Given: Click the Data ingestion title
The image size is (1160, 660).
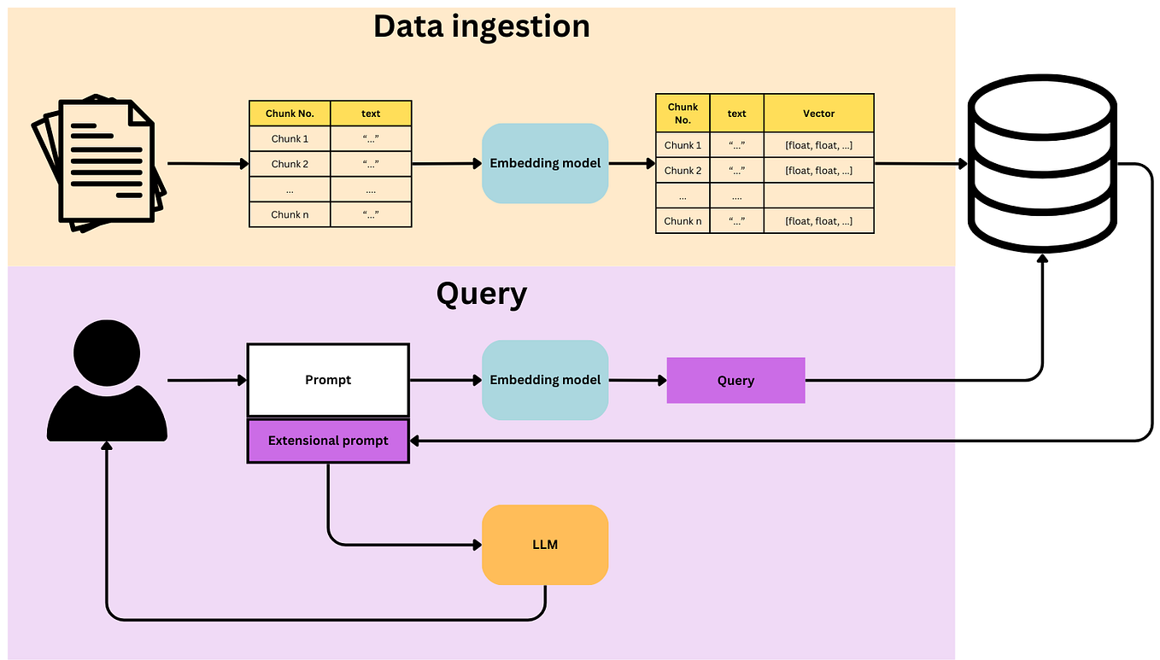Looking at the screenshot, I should [x=481, y=26].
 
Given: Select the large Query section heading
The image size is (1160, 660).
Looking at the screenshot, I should [x=481, y=294].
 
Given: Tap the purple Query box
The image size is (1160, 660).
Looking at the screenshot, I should [x=735, y=380].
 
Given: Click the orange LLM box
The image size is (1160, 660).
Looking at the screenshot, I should [x=545, y=545].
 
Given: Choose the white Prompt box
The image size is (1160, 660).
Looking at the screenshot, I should [x=328, y=380].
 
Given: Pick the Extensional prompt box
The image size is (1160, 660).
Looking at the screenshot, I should [x=328, y=441].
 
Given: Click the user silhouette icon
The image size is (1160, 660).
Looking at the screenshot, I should [x=107, y=383].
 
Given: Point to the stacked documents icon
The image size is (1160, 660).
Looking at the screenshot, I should [x=99, y=163].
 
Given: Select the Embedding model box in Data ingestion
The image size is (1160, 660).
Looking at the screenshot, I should [x=545, y=163].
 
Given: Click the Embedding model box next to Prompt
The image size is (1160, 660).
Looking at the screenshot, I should [x=545, y=380].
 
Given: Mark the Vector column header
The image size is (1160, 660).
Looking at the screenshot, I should [x=818, y=114].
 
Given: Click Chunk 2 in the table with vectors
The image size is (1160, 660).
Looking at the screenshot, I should [x=683, y=171].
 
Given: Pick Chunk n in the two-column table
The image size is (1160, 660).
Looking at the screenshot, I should [x=290, y=214].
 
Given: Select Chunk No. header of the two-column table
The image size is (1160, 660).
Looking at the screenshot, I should [x=290, y=114].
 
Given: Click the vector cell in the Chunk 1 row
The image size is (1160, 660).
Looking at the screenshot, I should [x=818, y=145].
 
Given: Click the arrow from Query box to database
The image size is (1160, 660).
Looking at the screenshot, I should [x=923, y=380].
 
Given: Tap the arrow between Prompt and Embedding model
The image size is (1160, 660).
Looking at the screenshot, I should [x=445, y=380].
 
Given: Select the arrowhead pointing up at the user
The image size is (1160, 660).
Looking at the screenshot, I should [x=107, y=447].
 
